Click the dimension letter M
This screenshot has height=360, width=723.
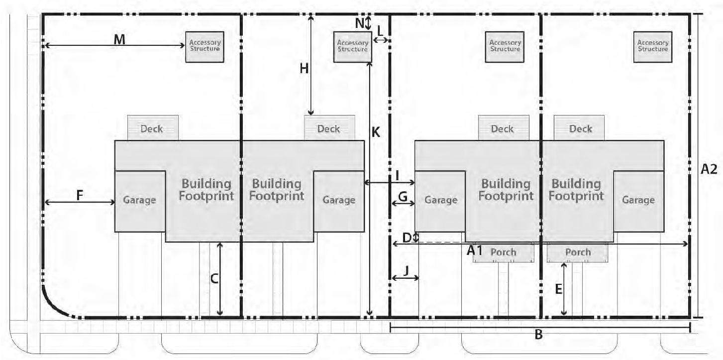(x=119, y=39)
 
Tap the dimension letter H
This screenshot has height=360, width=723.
(x=304, y=68)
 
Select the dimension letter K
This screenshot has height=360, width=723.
(x=376, y=132)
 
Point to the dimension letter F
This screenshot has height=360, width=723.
(x=80, y=195)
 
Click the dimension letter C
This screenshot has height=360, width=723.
(x=214, y=279)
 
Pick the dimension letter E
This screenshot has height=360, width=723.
(x=559, y=289)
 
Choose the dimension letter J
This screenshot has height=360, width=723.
(x=407, y=270)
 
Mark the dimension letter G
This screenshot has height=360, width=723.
(x=403, y=196)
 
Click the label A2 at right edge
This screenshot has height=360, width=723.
(x=709, y=169)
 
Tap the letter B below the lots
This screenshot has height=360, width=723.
(x=538, y=335)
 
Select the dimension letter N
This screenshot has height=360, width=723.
(x=360, y=23)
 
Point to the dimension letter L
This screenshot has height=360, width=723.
(x=380, y=31)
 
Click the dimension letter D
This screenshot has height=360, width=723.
(x=407, y=238)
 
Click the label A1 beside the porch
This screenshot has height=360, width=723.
(x=475, y=250)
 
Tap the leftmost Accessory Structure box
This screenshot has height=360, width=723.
(x=205, y=47)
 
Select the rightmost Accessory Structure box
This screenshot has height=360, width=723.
(x=653, y=47)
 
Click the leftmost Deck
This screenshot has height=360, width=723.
(x=152, y=129)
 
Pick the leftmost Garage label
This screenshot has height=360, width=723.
(x=139, y=200)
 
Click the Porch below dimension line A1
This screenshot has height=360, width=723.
(x=504, y=252)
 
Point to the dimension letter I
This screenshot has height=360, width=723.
(x=398, y=176)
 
